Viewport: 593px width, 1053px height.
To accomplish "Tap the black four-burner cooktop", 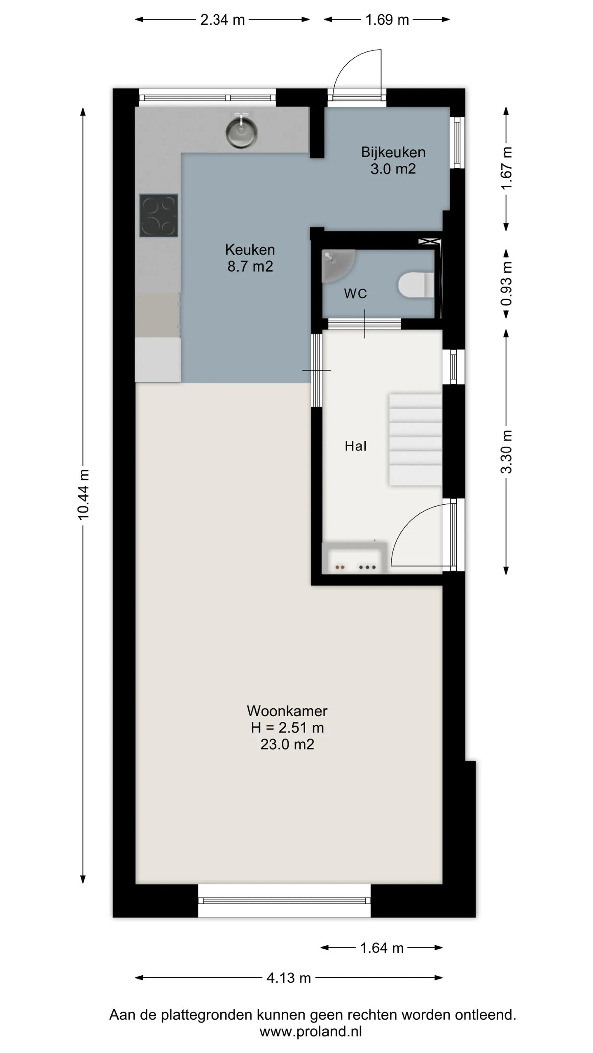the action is tap(159, 216).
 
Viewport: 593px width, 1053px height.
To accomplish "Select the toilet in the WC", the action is tap(416, 284).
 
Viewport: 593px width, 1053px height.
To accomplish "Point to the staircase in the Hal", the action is tap(415, 440).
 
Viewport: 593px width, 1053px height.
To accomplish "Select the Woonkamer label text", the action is tap(287, 710).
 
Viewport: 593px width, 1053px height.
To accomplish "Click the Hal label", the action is tap(355, 446).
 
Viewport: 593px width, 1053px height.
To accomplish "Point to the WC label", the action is tap(355, 293).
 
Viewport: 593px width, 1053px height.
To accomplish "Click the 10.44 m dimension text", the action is tap(83, 495).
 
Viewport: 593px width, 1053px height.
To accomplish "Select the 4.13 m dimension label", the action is tap(289, 978).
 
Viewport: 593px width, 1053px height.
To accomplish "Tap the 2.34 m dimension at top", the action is tap(222, 20).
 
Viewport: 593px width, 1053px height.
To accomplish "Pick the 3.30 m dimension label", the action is tap(507, 452).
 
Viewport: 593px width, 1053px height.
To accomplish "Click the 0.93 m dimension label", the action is tap(507, 283).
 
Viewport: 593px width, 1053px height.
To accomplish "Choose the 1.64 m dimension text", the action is tap(382, 948).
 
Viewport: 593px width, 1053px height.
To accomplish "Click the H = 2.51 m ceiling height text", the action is tap(287, 727).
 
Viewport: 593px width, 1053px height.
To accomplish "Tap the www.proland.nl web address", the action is tap(311, 1031).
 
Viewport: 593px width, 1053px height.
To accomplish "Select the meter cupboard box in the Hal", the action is tap(355, 558).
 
